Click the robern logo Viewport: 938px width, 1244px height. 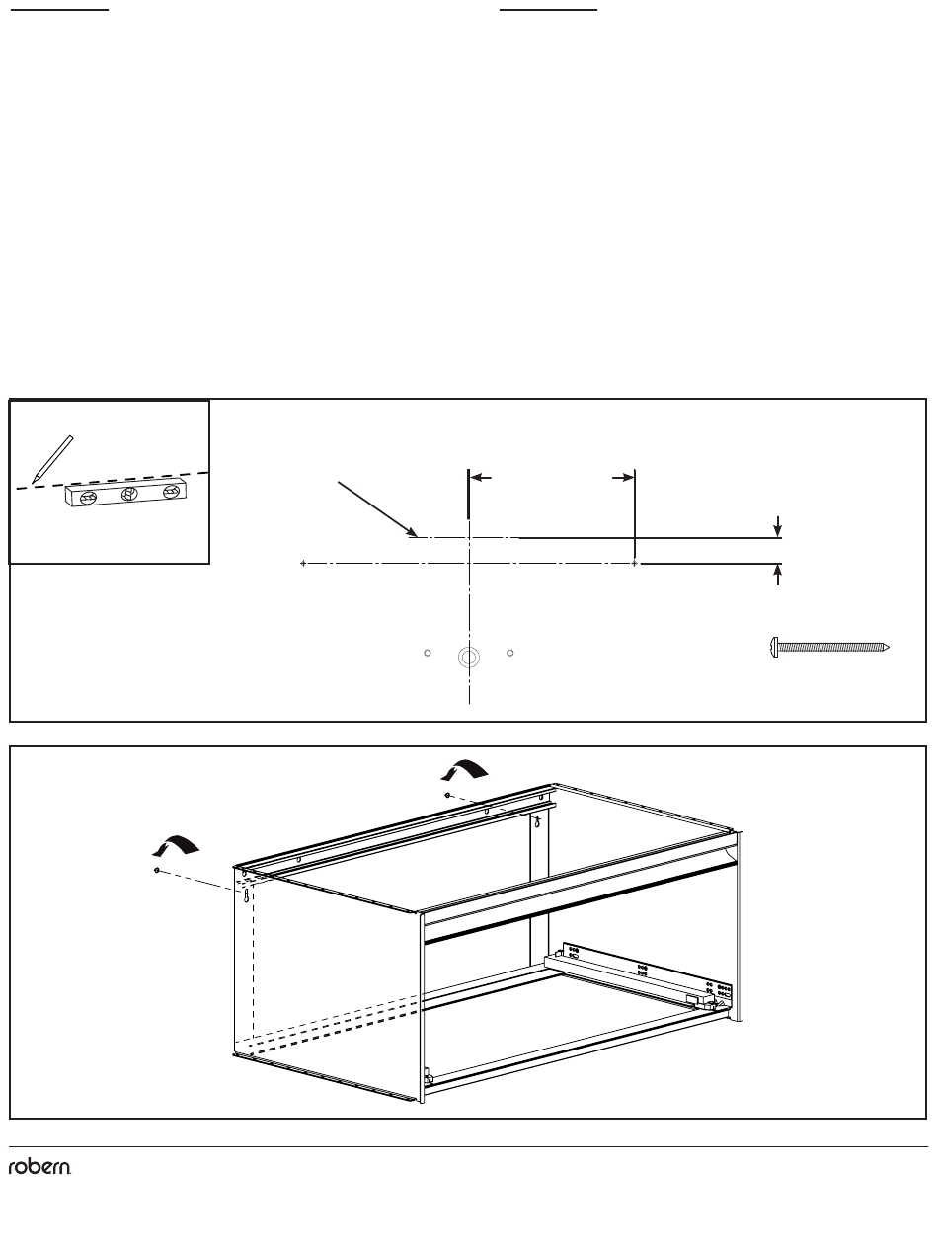pos(39,1167)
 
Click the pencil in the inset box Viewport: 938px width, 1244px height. pos(52,459)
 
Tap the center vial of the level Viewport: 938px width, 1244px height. pos(129,494)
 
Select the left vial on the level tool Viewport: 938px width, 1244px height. pos(89,499)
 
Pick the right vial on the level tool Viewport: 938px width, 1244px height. pos(171,492)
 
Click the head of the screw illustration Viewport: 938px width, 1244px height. pos(775,648)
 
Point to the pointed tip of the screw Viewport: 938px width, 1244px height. pos(888,648)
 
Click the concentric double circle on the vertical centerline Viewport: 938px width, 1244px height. pos(469,658)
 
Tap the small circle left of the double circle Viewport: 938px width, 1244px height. pos(428,653)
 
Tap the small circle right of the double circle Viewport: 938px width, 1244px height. pos(510,653)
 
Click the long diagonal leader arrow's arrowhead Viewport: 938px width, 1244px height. pos(412,533)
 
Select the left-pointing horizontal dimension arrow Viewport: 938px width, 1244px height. pos(481,478)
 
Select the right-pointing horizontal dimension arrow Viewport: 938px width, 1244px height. pos(623,478)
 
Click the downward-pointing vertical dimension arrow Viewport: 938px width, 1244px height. pos(778,526)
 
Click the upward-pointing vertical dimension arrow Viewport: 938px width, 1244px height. pos(778,575)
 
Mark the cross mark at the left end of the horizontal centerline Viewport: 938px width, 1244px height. pos(303,564)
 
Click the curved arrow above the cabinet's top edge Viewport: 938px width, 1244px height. pos(465,770)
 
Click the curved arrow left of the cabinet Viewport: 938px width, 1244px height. pos(176,845)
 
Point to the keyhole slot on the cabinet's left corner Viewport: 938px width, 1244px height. pos(247,895)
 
